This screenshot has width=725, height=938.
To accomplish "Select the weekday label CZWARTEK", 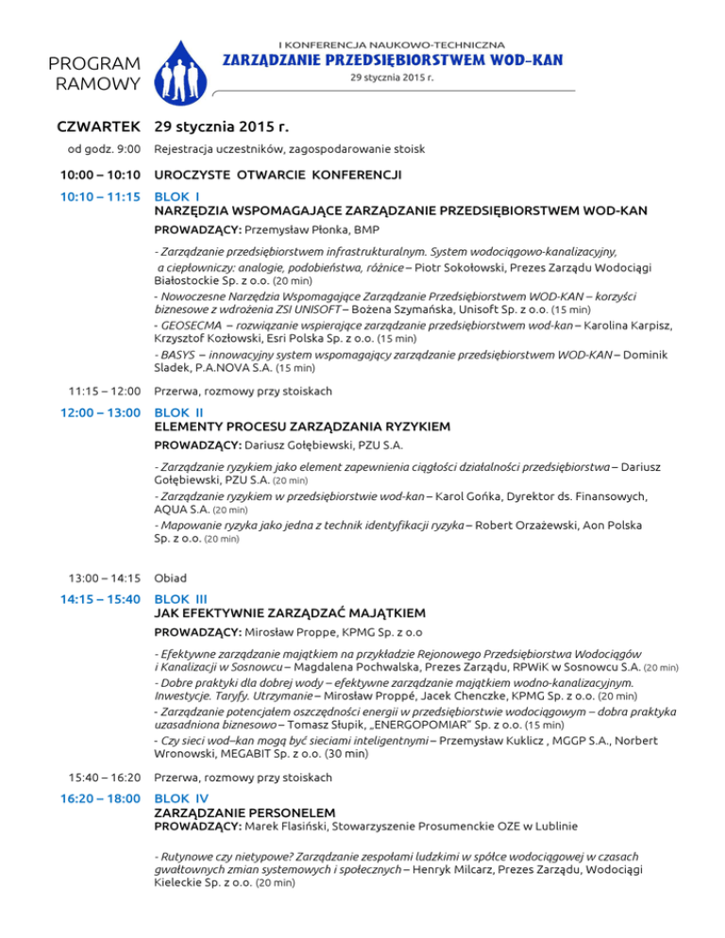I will tap(99, 126).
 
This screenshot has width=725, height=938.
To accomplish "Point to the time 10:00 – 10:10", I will tap(100, 175).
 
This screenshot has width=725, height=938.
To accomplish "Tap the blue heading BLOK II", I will tap(177, 413).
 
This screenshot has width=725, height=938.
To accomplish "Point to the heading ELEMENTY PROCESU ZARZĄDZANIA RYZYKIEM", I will tap(302, 427).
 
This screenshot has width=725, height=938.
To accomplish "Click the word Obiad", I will tap(170, 578).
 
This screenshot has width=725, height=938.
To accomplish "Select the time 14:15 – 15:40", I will tap(100, 598).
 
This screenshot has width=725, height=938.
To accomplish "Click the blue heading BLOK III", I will tap(179, 598).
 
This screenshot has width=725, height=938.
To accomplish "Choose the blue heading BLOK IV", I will tap(179, 797).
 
